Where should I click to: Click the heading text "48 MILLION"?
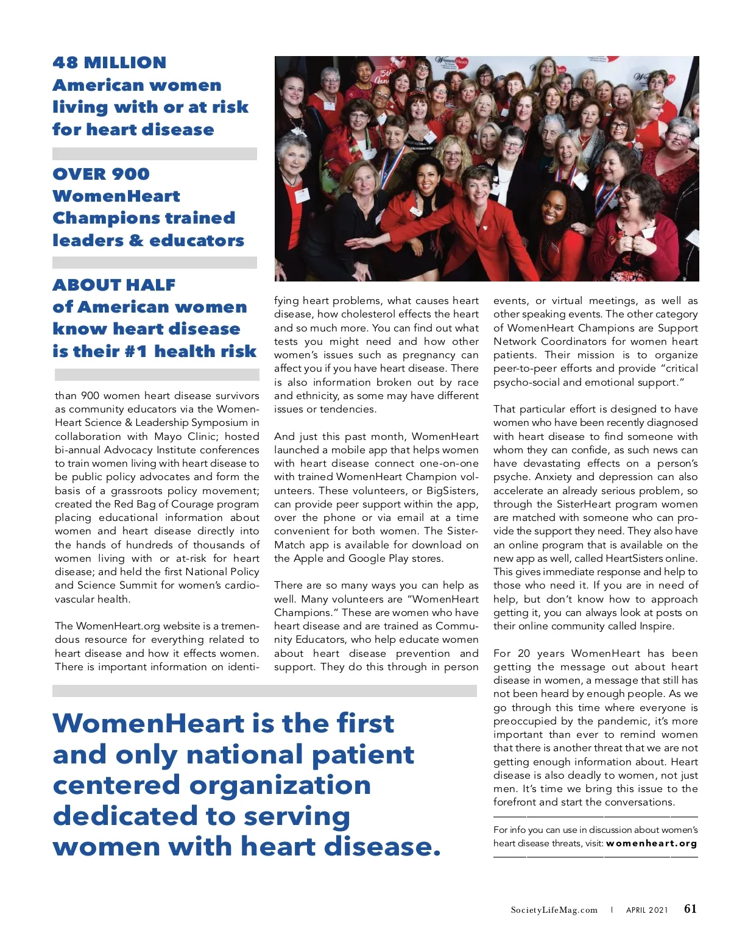pos(109,63)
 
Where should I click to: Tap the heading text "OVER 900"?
pos(101,174)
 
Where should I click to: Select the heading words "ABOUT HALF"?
pos(114,285)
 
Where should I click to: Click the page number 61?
pos(690,908)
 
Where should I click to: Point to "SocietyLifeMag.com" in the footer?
pos(554,910)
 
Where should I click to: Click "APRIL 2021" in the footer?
pos(647,910)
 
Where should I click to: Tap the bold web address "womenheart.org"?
pos(651,843)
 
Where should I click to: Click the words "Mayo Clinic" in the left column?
pos(187,436)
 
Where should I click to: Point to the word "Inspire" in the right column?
pos(656,626)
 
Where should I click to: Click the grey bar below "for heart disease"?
pos(155,154)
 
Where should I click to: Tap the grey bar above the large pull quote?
pos(264,691)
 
